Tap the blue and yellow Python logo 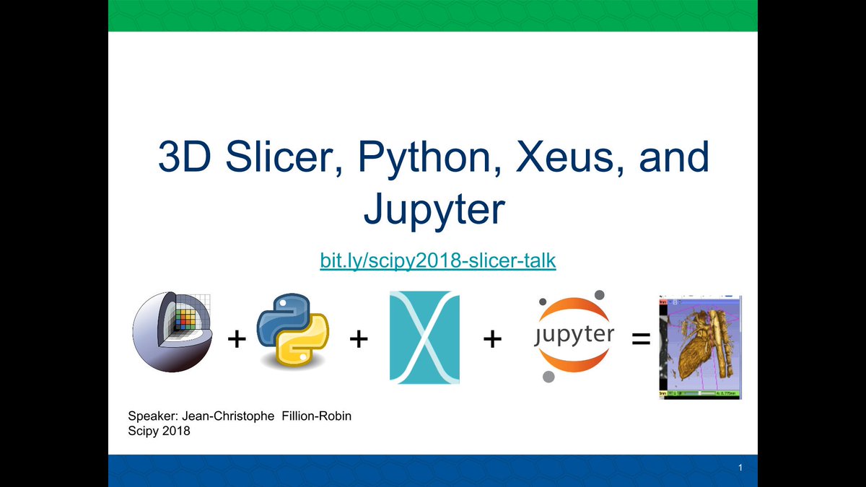pos(293,330)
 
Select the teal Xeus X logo pos(424,336)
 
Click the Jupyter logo pos(574,335)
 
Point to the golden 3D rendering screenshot pos(701,346)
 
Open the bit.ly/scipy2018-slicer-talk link pos(438,260)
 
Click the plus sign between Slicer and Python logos pos(235,338)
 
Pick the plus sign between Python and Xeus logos pos(359,338)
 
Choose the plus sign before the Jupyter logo pos(492,338)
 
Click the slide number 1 pos(740,470)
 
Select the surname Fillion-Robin pos(315,416)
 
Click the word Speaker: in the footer pos(151,416)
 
